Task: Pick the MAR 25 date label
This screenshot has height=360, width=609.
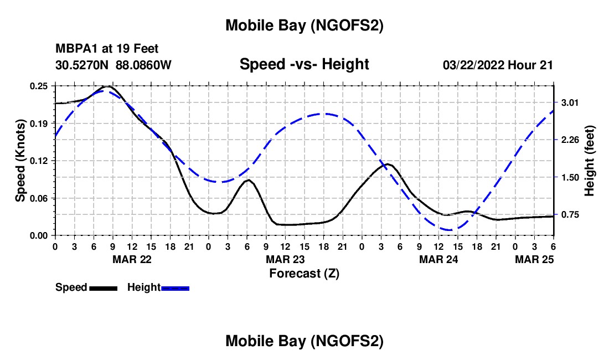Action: (534, 259)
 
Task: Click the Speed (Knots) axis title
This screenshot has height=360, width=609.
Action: (20, 161)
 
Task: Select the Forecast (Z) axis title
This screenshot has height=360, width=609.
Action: (304, 273)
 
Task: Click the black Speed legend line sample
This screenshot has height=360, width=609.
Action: (103, 288)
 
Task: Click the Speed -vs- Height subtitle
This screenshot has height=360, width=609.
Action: (304, 64)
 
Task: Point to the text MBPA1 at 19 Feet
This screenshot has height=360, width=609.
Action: (107, 49)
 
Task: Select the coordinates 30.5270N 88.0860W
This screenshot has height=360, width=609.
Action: (113, 65)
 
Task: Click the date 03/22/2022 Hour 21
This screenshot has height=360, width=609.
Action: (498, 65)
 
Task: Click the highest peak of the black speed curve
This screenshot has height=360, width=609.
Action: (107, 86)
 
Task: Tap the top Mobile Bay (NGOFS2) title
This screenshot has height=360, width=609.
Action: (304, 25)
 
